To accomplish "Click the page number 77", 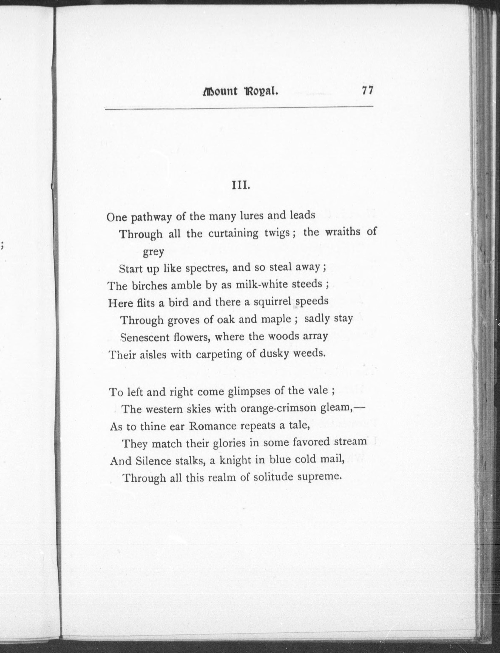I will click(367, 90).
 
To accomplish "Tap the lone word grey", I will click(153, 252).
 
